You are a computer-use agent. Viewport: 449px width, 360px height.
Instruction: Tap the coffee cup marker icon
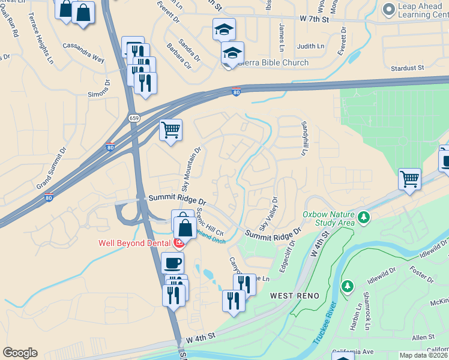(x=173, y=263)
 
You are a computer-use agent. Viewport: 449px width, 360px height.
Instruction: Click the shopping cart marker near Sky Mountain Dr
(x=171, y=128)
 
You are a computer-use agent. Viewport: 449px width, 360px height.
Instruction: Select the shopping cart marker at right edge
(x=409, y=178)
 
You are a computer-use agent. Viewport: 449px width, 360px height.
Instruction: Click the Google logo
(x=20, y=352)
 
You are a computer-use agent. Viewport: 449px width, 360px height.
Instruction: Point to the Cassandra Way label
(x=83, y=52)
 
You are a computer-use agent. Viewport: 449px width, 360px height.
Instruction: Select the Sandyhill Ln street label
(x=304, y=139)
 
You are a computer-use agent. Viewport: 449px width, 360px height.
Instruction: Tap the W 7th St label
(x=315, y=19)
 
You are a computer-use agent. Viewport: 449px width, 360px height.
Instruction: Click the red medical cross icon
(x=178, y=243)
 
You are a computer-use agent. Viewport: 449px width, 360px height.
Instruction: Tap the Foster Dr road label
(x=423, y=272)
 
